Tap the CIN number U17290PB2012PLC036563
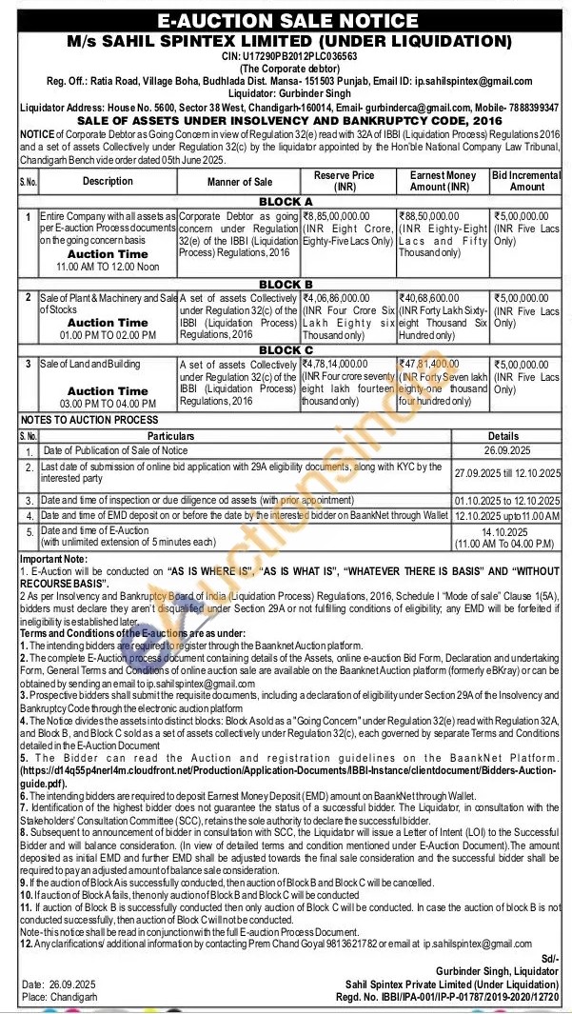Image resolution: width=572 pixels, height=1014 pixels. (286, 55)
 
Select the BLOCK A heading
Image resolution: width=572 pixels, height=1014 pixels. (286, 202)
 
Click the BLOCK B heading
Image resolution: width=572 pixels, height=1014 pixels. (286, 284)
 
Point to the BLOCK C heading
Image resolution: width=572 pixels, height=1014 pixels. (286, 350)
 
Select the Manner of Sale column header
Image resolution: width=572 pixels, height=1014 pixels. (238, 181)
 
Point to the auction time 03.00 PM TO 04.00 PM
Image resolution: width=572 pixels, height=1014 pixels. (108, 404)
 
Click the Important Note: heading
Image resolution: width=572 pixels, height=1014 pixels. (53, 558)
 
